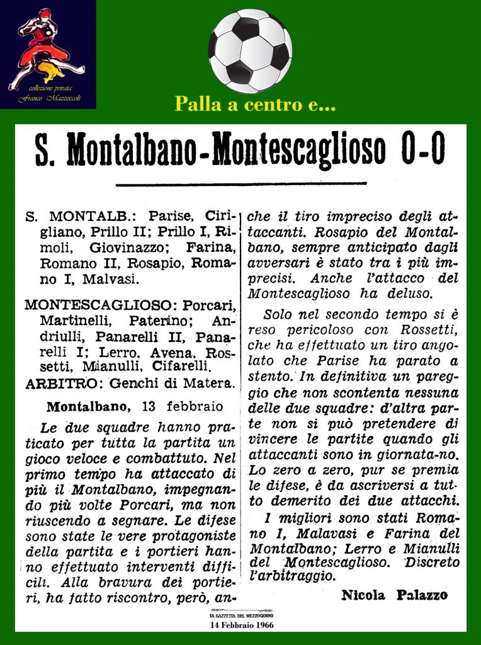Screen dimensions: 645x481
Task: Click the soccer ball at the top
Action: pyautogui.click(x=250, y=51)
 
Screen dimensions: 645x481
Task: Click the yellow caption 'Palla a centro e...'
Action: pyautogui.click(x=246, y=105)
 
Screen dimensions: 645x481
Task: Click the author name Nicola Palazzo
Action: pyautogui.click(x=394, y=595)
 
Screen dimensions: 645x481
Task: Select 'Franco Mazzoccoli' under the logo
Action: pyautogui.click(x=48, y=100)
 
